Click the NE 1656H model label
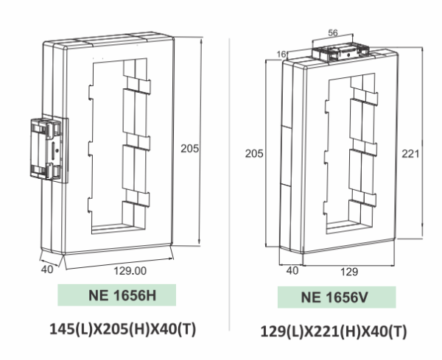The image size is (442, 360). point(117,296)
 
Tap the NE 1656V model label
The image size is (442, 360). point(336,298)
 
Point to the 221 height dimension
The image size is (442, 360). point(411,153)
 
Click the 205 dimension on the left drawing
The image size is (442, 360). point(191,148)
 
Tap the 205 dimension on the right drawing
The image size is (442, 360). point(254,153)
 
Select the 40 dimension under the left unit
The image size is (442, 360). point(46,269)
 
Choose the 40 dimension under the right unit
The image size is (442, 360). point(292,270)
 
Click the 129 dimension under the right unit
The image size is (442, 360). point(349,272)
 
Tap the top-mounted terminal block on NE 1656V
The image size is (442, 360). point(340,52)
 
